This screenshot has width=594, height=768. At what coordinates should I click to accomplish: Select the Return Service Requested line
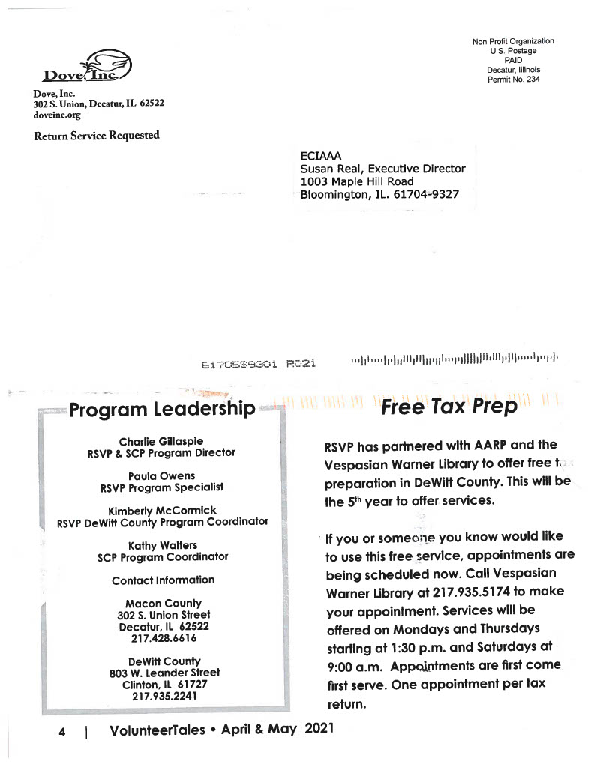96,136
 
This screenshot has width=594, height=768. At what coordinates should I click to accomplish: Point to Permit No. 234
513,79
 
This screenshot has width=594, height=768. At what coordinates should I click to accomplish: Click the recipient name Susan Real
334,169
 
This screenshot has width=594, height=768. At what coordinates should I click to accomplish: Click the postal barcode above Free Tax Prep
454,361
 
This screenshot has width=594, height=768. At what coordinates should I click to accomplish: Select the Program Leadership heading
162,409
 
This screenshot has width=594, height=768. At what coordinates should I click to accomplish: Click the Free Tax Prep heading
448,406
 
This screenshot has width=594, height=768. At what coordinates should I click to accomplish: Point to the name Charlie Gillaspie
161,441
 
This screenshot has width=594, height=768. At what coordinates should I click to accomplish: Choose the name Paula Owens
161,475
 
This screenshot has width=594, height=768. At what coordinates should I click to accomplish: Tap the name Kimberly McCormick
162,510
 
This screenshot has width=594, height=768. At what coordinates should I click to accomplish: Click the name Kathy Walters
162,545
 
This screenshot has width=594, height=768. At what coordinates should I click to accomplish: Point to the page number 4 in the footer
61,730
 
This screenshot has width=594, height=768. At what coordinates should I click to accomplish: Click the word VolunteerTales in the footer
157,730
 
